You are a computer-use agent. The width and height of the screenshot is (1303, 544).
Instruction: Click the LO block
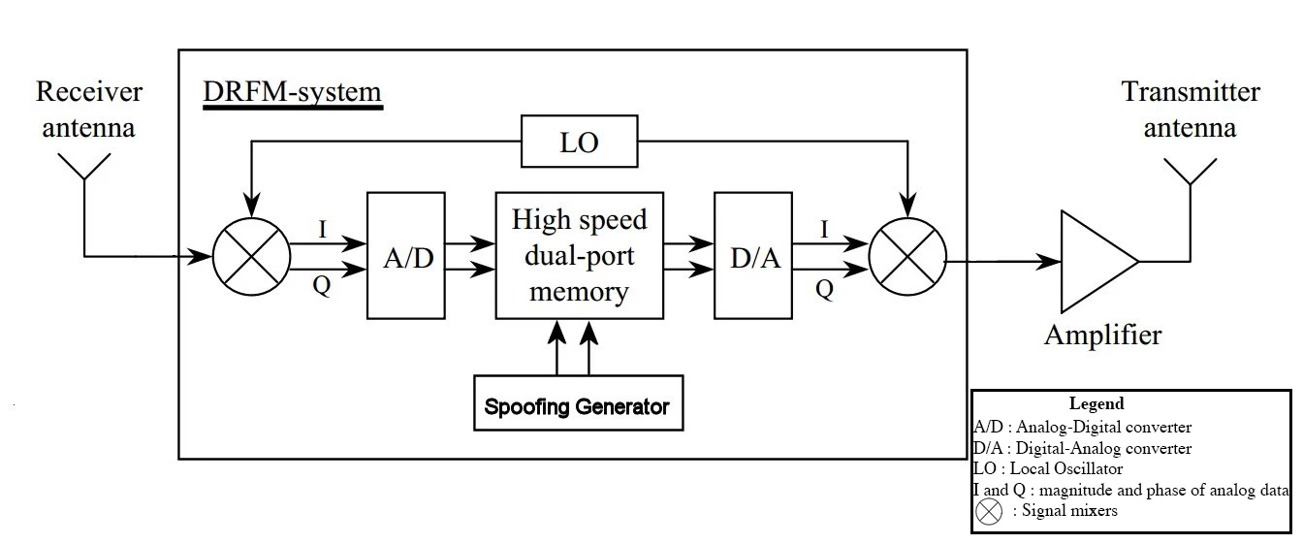(x=579, y=143)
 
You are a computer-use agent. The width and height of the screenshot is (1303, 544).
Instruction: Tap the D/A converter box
(x=753, y=256)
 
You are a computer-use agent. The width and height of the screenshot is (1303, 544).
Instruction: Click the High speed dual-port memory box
(x=579, y=255)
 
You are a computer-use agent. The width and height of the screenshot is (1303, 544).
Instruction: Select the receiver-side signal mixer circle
(x=251, y=256)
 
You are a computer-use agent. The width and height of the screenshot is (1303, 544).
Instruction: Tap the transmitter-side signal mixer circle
(x=906, y=256)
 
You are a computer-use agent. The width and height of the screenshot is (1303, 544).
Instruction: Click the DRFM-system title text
(x=292, y=93)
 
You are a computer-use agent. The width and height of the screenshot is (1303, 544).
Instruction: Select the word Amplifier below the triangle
(x=1102, y=336)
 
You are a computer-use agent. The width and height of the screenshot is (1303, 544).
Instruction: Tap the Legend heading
(x=1096, y=403)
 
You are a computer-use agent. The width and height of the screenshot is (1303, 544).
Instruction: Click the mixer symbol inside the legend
(x=989, y=511)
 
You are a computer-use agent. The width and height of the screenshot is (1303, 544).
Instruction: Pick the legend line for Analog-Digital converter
(x=1082, y=427)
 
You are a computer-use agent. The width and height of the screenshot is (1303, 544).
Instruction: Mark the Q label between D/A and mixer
(x=824, y=289)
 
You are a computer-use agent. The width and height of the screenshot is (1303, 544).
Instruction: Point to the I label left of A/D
(x=322, y=229)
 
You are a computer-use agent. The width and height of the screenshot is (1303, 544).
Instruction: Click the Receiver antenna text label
(x=89, y=109)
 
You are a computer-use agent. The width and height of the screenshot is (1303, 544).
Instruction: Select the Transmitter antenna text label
(x=1191, y=110)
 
